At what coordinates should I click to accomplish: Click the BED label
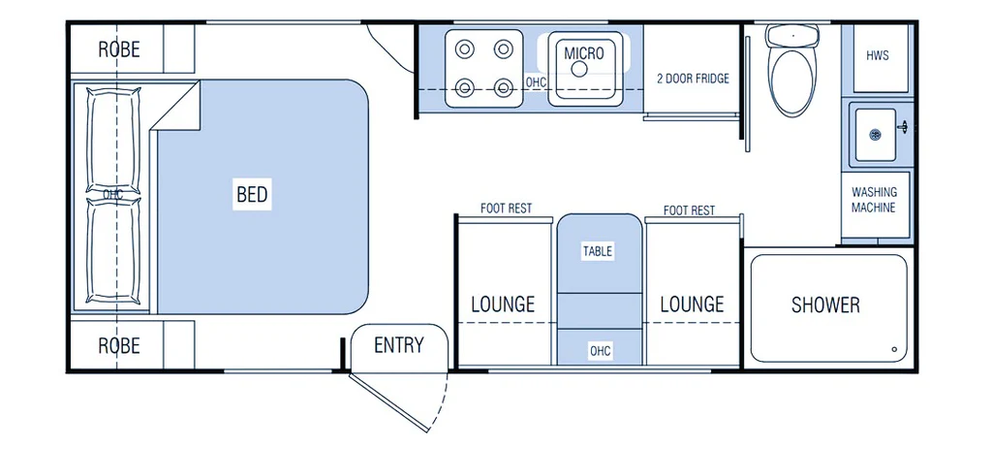coord(252,194)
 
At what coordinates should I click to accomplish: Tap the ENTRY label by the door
coord(398,345)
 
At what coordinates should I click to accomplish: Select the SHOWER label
coord(825,305)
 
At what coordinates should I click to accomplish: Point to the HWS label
coord(877,56)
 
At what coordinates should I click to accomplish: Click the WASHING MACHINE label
coord(874,200)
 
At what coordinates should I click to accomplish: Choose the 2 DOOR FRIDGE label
coord(693,79)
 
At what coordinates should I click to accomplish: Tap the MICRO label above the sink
coord(584,53)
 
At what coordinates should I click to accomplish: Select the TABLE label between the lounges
coord(598,251)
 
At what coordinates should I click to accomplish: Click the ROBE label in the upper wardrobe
coord(119,49)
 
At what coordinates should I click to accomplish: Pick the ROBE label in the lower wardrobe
coord(119,346)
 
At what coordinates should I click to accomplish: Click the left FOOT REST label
coord(506,208)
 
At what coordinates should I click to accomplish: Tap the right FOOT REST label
coord(689,210)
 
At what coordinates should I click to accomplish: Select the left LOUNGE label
coord(503,305)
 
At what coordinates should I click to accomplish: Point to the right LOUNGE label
coord(692,305)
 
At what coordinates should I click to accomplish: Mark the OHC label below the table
coord(599,351)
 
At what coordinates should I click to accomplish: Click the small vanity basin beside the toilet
coord(875,134)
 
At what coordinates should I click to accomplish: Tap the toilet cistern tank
coord(792,36)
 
